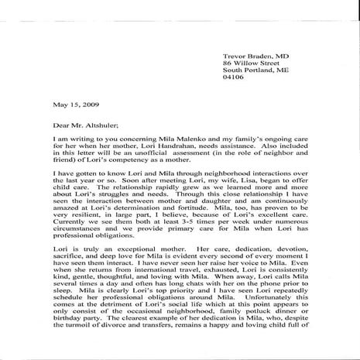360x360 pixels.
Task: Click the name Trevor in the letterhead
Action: pyautogui.click(x=236, y=35)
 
